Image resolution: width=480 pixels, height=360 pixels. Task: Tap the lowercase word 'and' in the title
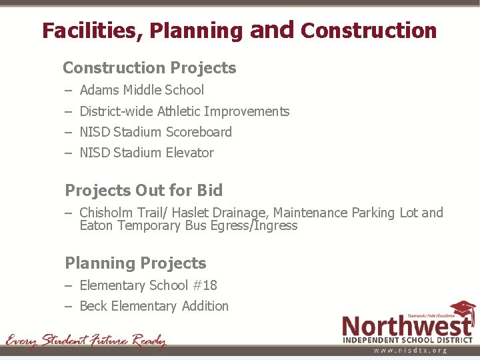coord(271,29)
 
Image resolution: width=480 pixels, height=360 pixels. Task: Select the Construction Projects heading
coord(149,68)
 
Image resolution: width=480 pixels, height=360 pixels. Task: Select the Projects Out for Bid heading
coord(143,191)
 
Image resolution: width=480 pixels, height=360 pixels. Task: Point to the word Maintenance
coord(311,213)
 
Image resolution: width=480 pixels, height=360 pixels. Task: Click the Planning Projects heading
coord(135,263)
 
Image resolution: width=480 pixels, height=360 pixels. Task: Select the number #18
coord(204,285)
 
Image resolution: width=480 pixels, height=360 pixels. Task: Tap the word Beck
coord(93,306)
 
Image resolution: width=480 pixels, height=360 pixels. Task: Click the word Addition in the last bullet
coord(205,306)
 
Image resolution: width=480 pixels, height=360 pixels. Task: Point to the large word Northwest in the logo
coord(407,326)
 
